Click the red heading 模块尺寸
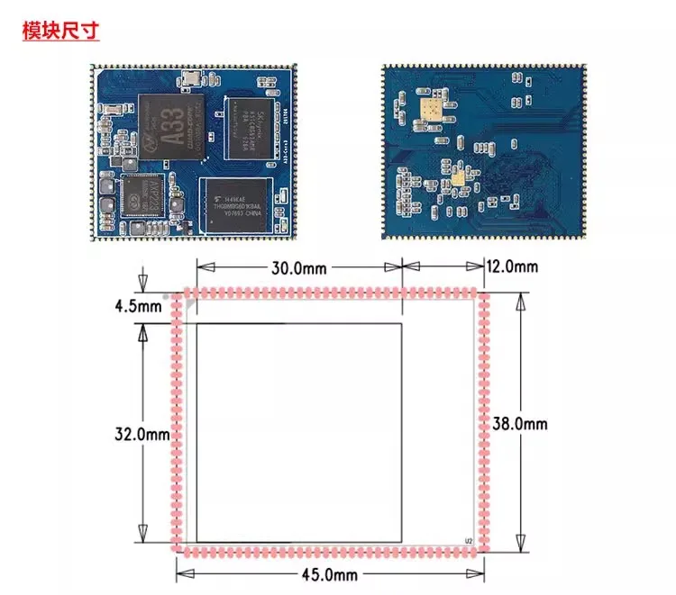[x=60, y=30]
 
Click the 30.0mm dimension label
[x=298, y=267]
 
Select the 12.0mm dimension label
[x=513, y=266]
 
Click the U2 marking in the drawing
[x=468, y=541]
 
